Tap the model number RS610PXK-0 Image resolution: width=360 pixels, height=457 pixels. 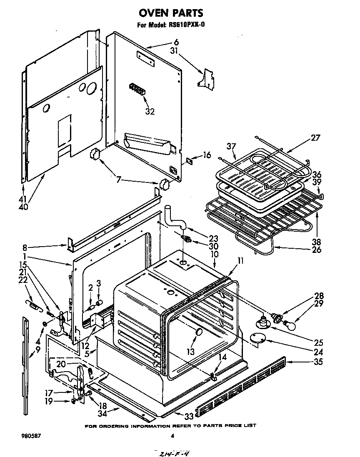(186, 25)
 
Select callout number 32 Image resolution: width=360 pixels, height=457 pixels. (150, 111)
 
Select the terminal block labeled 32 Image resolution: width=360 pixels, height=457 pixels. (136, 89)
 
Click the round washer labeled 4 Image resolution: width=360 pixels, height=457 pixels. (45, 324)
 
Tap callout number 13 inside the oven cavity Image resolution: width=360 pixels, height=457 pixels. (190, 351)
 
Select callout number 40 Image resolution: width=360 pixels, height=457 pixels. (23, 206)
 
